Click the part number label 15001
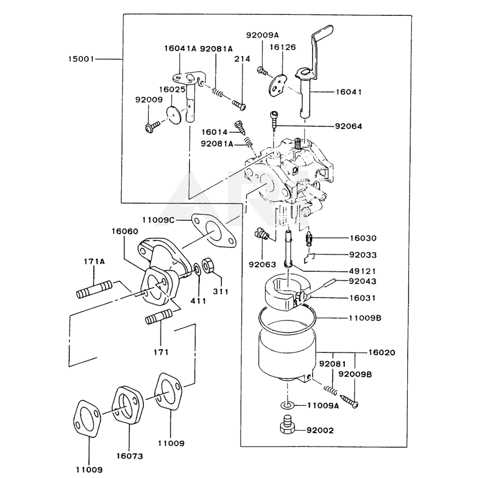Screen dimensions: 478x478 (x=81, y=59)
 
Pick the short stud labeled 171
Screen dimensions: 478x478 (x=159, y=316)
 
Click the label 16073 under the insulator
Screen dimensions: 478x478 (x=130, y=456)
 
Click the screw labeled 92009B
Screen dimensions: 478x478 (x=349, y=401)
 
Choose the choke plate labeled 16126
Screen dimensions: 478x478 (x=278, y=86)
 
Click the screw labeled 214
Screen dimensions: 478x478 (x=239, y=105)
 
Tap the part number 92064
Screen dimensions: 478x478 (x=348, y=126)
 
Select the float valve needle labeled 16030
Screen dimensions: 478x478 (x=309, y=239)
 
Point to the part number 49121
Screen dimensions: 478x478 (x=362, y=271)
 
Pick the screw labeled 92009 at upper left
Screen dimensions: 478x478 (x=152, y=126)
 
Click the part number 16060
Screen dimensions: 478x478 (x=125, y=231)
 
